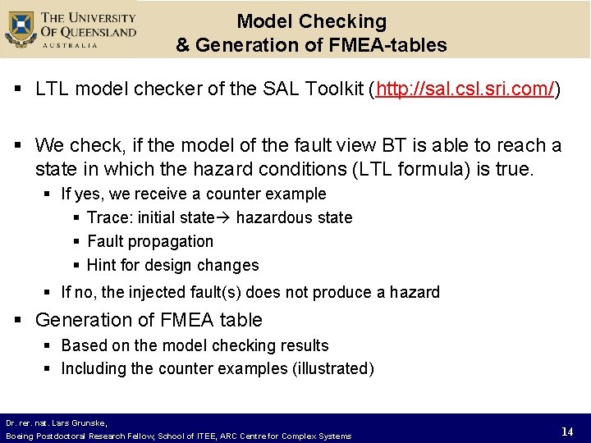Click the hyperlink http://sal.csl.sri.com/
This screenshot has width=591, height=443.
465,89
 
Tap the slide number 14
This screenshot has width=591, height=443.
566,432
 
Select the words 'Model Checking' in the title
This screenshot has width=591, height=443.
311,21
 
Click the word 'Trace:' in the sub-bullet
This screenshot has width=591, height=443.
110,218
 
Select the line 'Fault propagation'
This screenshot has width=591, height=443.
150,241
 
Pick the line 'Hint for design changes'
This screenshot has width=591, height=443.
172,265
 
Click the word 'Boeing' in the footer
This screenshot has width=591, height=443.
19,436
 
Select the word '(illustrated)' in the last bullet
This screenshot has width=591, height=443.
332,368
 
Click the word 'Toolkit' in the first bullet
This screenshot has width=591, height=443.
333,89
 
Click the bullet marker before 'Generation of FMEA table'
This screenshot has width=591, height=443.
20,320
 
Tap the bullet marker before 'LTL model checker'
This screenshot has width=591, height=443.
20,89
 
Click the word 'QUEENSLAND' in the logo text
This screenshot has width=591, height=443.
96,32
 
